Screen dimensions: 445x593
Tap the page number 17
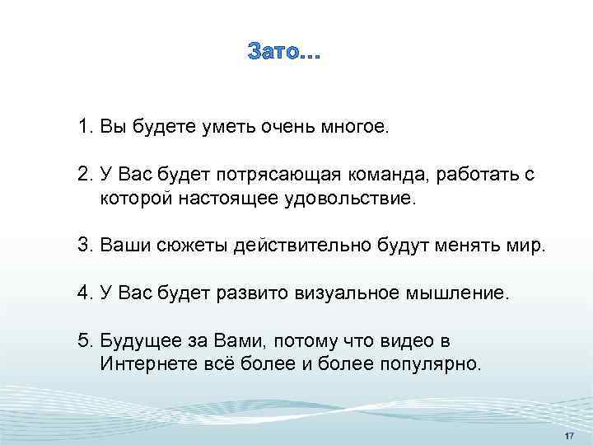tap(568, 435)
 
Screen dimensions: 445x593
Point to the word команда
tap(391, 176)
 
